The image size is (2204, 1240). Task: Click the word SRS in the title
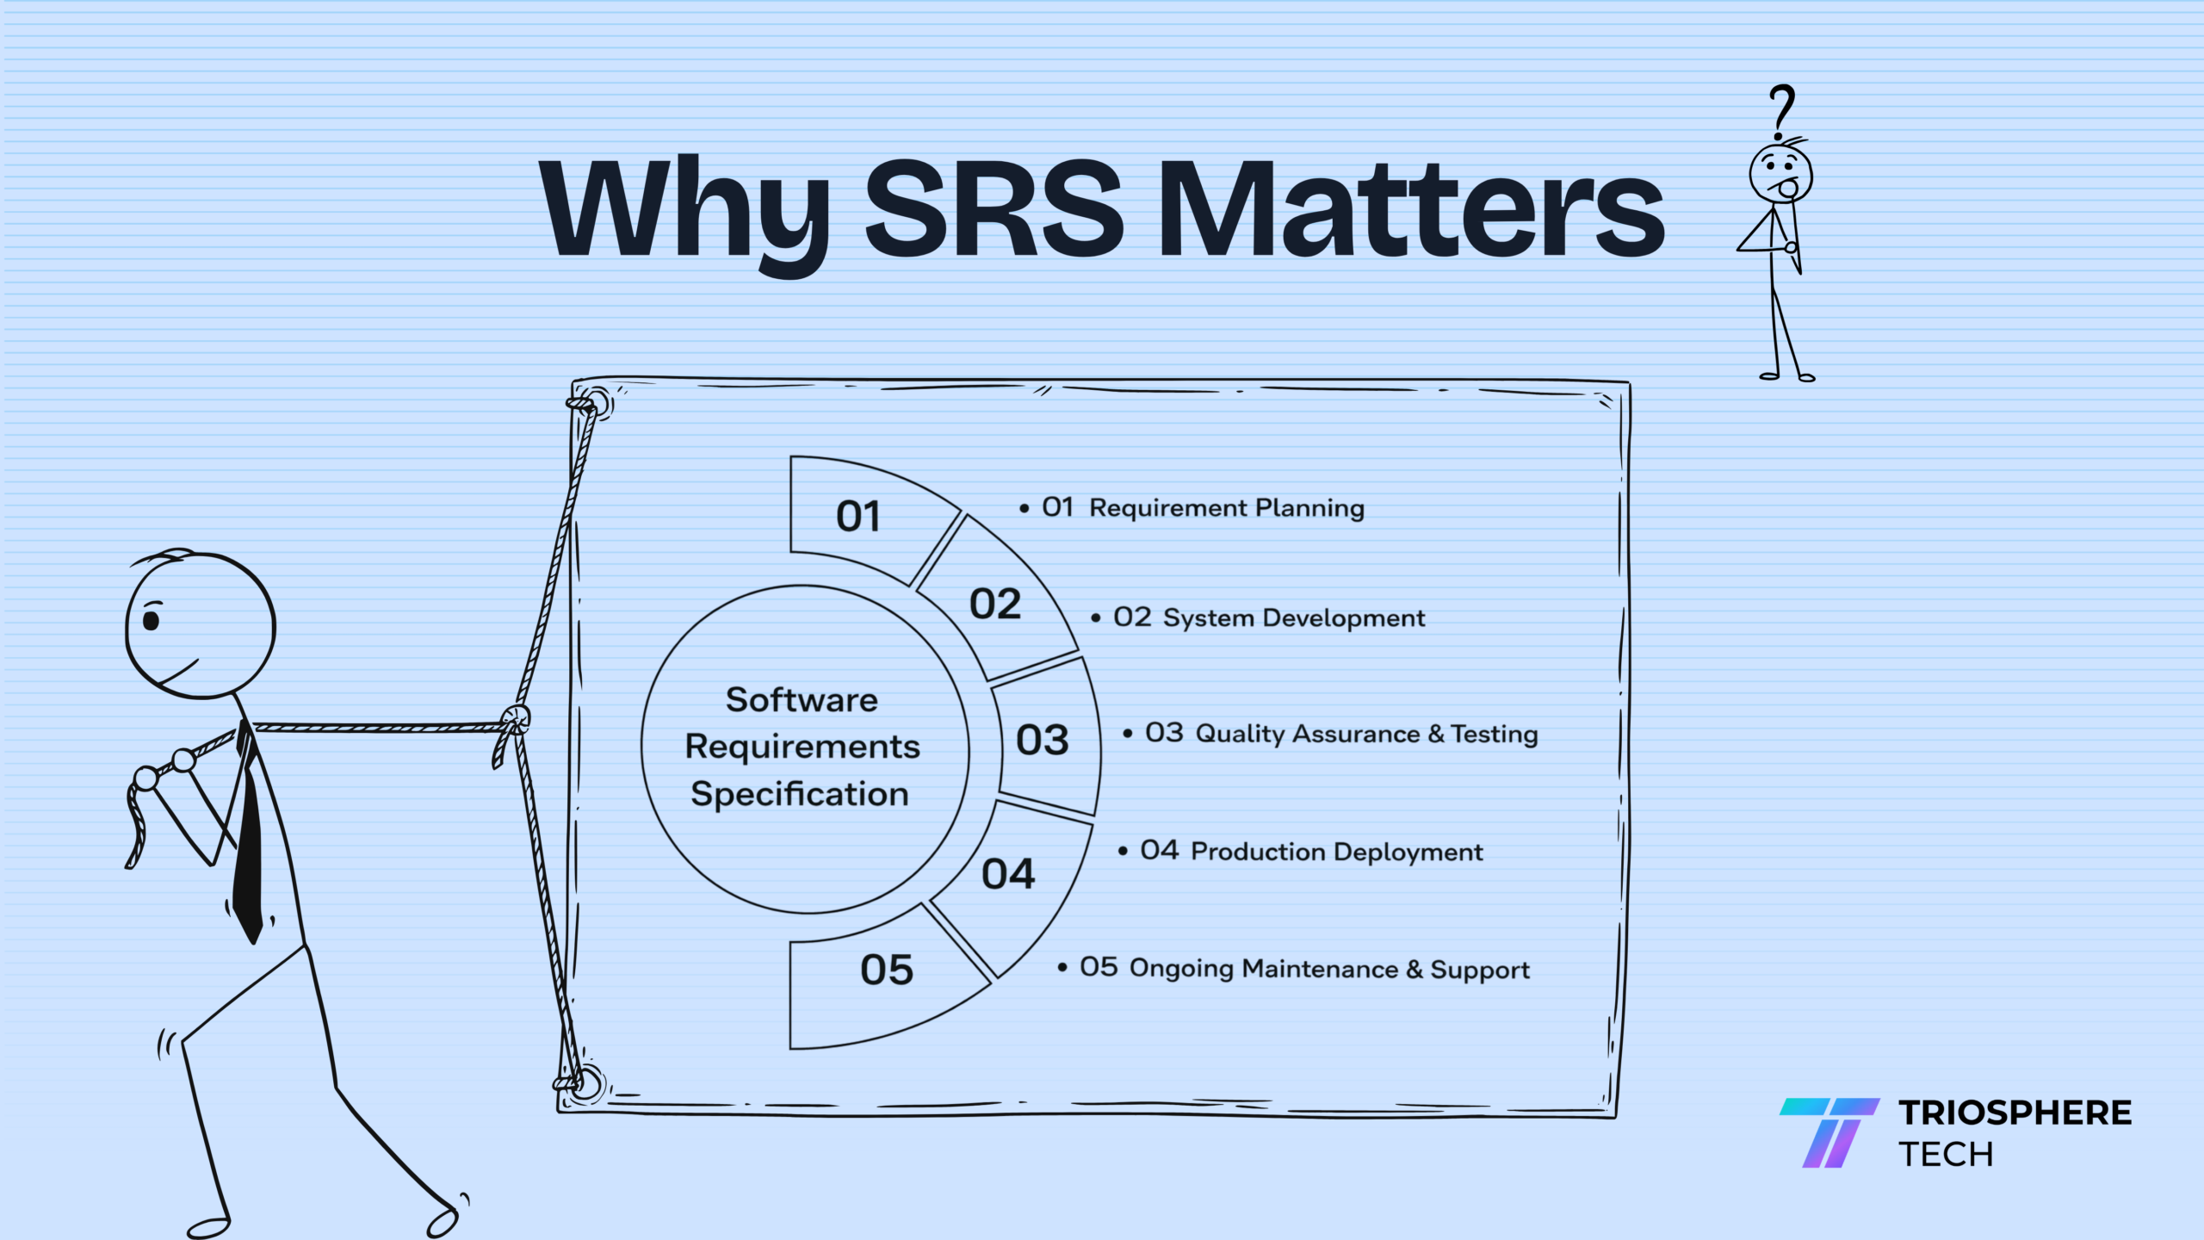(x=994, y=209)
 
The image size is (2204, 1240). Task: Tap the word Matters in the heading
(x=1412, y=209)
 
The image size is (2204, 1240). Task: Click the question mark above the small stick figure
(x=1780, y=113)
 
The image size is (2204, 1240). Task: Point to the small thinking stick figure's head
(x=1780, y=173)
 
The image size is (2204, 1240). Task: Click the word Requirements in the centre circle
(x=802, y=747)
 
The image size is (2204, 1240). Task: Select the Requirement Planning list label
(x=1227, y=509)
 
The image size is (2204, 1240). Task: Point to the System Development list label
(x=1294, y=618)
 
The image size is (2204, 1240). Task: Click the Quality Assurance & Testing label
(x=1366, y=734)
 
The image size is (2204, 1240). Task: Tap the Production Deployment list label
(x=1337, y=852)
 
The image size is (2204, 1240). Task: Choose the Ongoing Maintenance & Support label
(x=1329, y=969)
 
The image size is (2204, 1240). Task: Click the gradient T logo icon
(x=1829, y=1132)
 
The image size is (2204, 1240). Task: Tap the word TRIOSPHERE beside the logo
(x=2015, y=1113)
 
